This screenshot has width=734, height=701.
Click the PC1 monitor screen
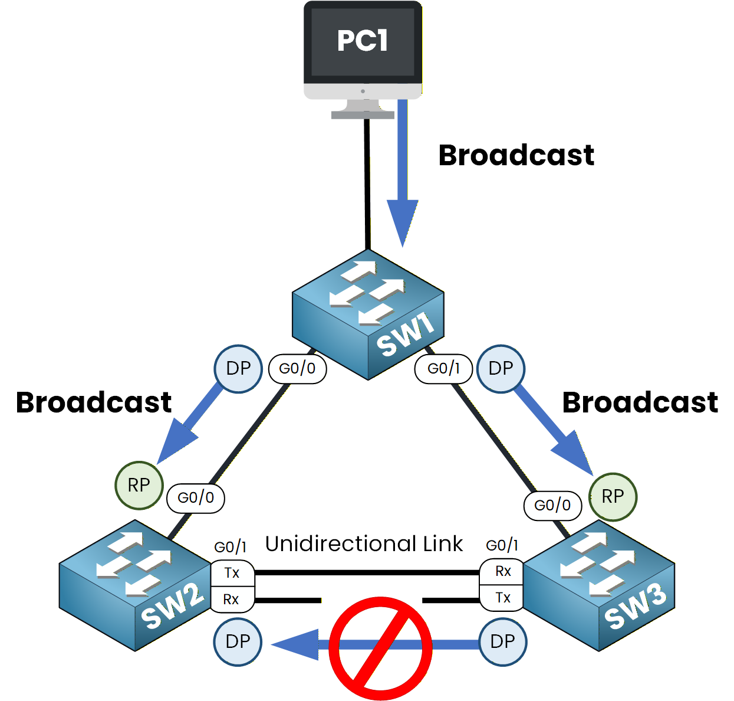pyautogui.click(x=363, y=42)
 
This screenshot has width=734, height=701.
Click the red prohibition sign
pyautogui.click(x=380, y=648)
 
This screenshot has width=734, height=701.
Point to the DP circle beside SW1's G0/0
pyautogui.click(x=238, y=369)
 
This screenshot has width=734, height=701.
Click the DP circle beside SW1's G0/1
pyautogui.click(x=501, y=369)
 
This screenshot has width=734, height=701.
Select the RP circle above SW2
pyautogui.click(x=139, y=485)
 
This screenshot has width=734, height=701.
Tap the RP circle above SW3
pyautogui.click(x=613, y=497)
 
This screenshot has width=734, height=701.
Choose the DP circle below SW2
pyautogui.click(x=238, y=641)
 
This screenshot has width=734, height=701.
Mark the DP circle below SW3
pyautogui.click(x=502, y=641)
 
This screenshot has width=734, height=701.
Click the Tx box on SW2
pyautogui.click(x=232, y=573)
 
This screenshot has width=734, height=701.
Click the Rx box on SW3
pyautogui.click(x=502, y=572)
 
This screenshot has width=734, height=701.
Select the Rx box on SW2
pyautogui.click(x=232, y=600)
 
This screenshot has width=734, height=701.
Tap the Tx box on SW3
pyautogui.click(x=502, y=598)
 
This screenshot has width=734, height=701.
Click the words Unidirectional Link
pyautogui.click(x=364, y=544)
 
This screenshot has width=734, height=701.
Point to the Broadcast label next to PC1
pyautogui.click(x=516, y=156)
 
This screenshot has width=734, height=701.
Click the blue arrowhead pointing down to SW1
pyautogui.click(x=403, y=221)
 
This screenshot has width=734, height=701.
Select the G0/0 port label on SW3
pyautogui.click(x=552, y=505)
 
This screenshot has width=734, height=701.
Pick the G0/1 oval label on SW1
pyautogui.click(x=444, y=369)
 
